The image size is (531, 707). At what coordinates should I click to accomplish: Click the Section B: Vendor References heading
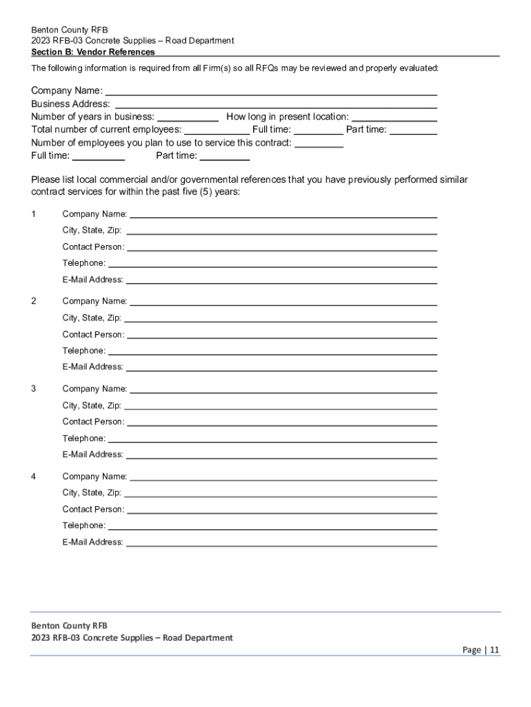pos(93,52)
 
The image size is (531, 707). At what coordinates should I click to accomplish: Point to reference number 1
pos(34,214)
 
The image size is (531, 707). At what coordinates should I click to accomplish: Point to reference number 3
pos(34,389)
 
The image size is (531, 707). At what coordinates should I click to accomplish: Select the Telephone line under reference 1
pos(272,264)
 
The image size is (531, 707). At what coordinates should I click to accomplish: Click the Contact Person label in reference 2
pos(93,334)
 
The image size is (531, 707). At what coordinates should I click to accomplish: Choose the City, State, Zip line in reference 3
pos(280,407)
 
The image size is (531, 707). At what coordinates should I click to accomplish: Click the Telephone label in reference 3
pos(84,438)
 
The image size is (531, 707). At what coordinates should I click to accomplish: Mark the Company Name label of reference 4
pos(94,476)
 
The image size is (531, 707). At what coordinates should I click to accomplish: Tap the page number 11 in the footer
pos(495,650)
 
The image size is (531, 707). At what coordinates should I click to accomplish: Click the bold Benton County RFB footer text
pos(69,626)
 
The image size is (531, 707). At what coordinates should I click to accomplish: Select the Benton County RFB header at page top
pos(70,30)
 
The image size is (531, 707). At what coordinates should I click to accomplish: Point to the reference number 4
pos(34,476)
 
